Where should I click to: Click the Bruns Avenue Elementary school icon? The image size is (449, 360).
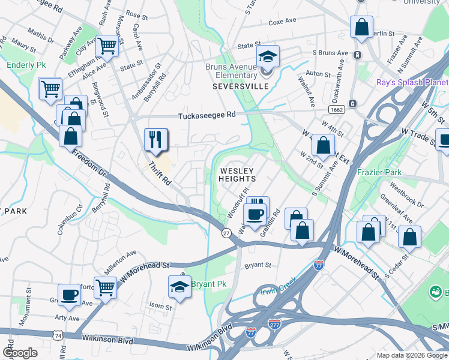268,58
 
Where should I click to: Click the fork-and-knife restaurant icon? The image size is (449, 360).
155,140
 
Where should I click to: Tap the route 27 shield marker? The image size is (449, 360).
226,232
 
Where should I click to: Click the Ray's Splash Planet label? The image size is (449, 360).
412,82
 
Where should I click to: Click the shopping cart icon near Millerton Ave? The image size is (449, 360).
106,287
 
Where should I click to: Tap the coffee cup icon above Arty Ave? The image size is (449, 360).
70,295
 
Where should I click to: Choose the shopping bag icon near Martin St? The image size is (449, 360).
362,27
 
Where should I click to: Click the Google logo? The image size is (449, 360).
20,353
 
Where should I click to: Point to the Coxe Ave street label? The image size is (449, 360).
283,21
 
